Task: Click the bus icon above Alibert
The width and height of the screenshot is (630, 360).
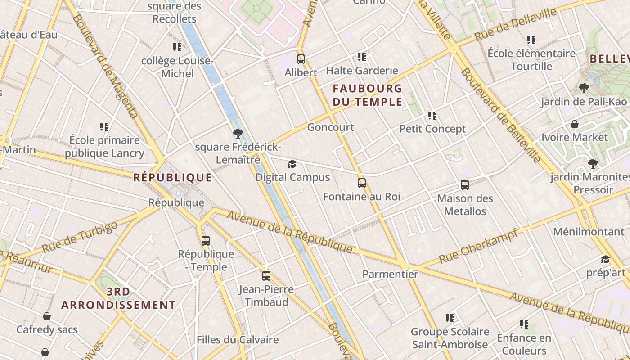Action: click(301, 59)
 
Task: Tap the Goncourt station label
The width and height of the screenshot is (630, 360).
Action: click(331, 127)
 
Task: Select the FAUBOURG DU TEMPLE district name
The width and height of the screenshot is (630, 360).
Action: click(367, 95)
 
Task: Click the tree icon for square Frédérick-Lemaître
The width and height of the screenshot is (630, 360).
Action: click(238, 133)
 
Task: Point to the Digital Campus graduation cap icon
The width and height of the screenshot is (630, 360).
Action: click(292, 164)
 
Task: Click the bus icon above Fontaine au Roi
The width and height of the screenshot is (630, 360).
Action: click(362, 183)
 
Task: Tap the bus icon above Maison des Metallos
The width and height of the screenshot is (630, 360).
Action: click(465, 184)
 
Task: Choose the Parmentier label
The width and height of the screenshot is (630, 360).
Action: click(390, 274)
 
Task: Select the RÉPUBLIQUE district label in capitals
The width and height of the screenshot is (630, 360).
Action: click(172, 178)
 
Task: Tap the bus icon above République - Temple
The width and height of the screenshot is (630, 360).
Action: click(206, 240)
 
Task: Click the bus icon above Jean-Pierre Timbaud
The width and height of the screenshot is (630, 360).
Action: click(266, 275)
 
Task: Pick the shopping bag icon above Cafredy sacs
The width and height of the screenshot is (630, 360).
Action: click(47, 316)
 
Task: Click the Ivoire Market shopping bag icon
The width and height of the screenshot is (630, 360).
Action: click(575, 124)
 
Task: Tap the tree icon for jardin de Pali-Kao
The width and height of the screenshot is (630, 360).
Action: click(584, 88)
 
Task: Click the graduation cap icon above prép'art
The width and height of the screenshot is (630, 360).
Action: click(605, 259)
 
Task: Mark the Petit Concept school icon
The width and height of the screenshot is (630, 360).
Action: click(432, 116)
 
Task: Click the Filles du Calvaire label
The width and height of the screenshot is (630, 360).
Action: click(238, 340)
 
